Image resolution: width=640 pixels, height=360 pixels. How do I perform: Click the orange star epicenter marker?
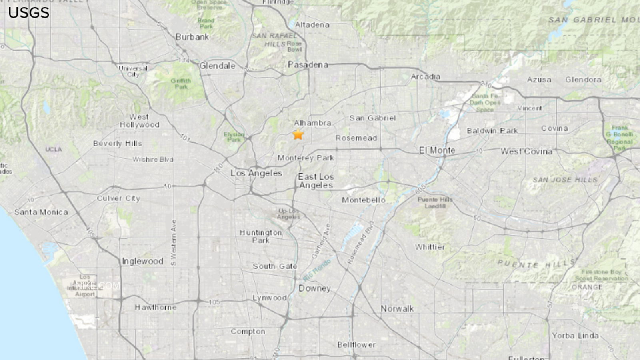pyautogui.click(x=298, y=135)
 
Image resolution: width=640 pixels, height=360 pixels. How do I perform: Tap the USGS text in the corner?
pyautogui.click(x=29, y=13)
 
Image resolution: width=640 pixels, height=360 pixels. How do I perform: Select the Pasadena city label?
pyautogui.click(x=308, y=65)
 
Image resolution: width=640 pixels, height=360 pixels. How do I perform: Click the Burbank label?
pyautogui.click(x=192, y=37)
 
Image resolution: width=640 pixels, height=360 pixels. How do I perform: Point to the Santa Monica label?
pyautogui.click(x=41, y=212)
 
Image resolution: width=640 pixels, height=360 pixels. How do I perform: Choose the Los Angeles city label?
pyautogui.click(x=256, y=173)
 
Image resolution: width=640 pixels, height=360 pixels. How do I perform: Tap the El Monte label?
pyautogui.click(x=437, y=150)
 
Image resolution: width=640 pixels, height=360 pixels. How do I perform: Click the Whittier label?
pyautogui.click(x=430, y=247)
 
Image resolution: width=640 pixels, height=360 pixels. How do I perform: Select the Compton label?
pyautogui.click(x=248, y=332)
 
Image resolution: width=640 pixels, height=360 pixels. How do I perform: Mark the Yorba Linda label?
pyautogui.click(x=575, y=336)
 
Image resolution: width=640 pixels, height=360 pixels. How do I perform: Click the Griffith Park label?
pyautogui.click(x=181, y=84)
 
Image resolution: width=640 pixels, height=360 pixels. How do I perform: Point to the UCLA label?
pyautogui.click(x=54, y=150)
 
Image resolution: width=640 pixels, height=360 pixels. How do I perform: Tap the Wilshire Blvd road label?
pyautogui.click(x=153, y=160)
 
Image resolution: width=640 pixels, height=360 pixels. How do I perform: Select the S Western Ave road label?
pyautogui.click(x=173, y=243)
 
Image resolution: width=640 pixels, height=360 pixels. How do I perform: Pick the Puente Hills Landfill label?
pyautogui.click(x=435, y=203)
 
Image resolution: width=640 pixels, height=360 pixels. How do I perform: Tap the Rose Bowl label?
pyautogui.click(x=294, y=46)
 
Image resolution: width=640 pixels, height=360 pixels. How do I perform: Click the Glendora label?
pyautogui.click(x=583, y=80)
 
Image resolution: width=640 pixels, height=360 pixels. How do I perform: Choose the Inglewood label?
pyautogui.click(x=142, y=262)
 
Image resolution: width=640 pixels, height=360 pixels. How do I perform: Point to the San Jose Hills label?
pyautogui.click(x=564, y=180)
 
